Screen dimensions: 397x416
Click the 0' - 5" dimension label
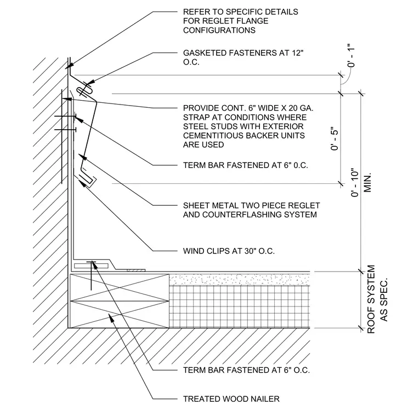pos(335,140)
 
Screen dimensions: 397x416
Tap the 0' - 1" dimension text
pos(351,56)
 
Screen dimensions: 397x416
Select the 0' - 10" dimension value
pos(355,182)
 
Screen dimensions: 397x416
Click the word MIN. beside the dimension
pos(367,182)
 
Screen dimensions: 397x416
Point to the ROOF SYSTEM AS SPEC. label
pos(377,299)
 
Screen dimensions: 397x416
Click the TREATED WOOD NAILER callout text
pos(231,398)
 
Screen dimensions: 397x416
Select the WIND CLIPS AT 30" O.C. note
pos(229,251)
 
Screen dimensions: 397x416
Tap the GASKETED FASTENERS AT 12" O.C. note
pos(243,57)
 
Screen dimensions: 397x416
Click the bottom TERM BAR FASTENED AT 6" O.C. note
pos(246,370)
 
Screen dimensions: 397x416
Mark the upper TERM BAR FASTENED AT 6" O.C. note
pos(245,165)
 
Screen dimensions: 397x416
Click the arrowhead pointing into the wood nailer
pos(112,317)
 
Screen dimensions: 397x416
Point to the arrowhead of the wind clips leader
pos(83,183)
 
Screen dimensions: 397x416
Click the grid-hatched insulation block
pos(240,307)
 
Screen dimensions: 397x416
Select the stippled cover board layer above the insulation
pos(240,280)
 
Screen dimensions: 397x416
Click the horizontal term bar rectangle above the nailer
pos(91,265)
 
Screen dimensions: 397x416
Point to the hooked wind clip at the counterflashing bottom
pos(86,180)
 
